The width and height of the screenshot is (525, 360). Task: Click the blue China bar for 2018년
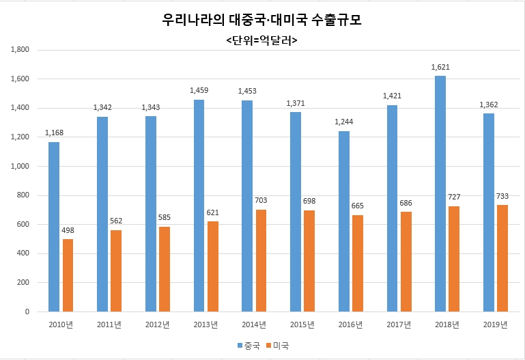tap(440, 193)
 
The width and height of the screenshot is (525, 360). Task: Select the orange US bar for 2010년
tap(68, 275)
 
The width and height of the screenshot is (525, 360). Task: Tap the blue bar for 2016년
tap(344, 221)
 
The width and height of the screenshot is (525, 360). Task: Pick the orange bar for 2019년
tap(502, 258)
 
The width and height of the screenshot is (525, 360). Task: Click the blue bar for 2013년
tap(199, 206)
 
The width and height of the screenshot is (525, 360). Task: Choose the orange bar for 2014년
tap(261, 260)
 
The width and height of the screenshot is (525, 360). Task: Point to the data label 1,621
tap(440, 67)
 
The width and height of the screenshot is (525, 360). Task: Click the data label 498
tap(68, 230)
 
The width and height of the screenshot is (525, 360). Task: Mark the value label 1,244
tap(344, 122)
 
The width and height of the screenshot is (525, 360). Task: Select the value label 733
tap(502, 196)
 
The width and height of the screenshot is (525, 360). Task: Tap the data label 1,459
tap(199, 90)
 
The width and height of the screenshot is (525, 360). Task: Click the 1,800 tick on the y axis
tap(20, 50)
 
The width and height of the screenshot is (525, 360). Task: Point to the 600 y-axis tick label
tap(23, 224)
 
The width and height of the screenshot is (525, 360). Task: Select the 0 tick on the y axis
tap(27, 311)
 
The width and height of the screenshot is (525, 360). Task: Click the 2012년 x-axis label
tap(158, 324)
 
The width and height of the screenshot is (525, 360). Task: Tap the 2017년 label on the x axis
tap(399, 324)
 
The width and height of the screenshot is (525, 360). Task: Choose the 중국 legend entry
tap(249, 346)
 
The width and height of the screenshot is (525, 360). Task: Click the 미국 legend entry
tap(277, 346)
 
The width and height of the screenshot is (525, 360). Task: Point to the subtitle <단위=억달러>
tap(262, 40)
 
